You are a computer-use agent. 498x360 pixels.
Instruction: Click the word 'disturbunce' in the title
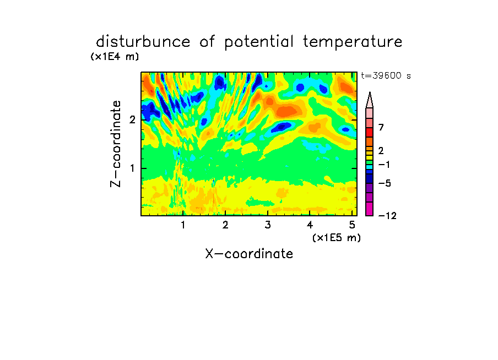coord(143,42)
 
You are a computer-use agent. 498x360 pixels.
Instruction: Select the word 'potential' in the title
coord(259,42)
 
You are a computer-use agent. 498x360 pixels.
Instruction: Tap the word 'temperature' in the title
coord(353,42)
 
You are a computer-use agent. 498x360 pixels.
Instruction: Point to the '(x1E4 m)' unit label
coord(115,57)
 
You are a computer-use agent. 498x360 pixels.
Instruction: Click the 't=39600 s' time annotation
coord(386,75)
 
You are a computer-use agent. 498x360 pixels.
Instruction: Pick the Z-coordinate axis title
coord(116,144)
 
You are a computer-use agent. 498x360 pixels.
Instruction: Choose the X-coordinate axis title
coord(249,254)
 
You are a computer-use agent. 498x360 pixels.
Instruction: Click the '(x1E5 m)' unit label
coord(337,238)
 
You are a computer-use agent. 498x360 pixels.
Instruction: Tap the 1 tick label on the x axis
coord(183,225)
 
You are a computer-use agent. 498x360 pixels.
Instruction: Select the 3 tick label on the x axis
coord(268,225)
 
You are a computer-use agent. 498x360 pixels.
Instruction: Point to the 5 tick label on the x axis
coord(352,225)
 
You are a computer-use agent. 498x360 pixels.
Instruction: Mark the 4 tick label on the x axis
coord(310,225)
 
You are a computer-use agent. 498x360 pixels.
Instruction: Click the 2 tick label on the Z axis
coord(132,120)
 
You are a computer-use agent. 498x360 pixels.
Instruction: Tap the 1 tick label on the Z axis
coord(132,168)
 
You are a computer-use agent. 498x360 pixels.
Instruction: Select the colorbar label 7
coord(381,127)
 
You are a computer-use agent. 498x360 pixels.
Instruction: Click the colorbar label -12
coord(387,216)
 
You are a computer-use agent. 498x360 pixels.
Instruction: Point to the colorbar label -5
coord(385,183)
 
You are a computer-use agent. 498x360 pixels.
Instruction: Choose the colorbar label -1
coord(384,165)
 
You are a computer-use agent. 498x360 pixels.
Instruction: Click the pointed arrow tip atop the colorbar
coord(370,92)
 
